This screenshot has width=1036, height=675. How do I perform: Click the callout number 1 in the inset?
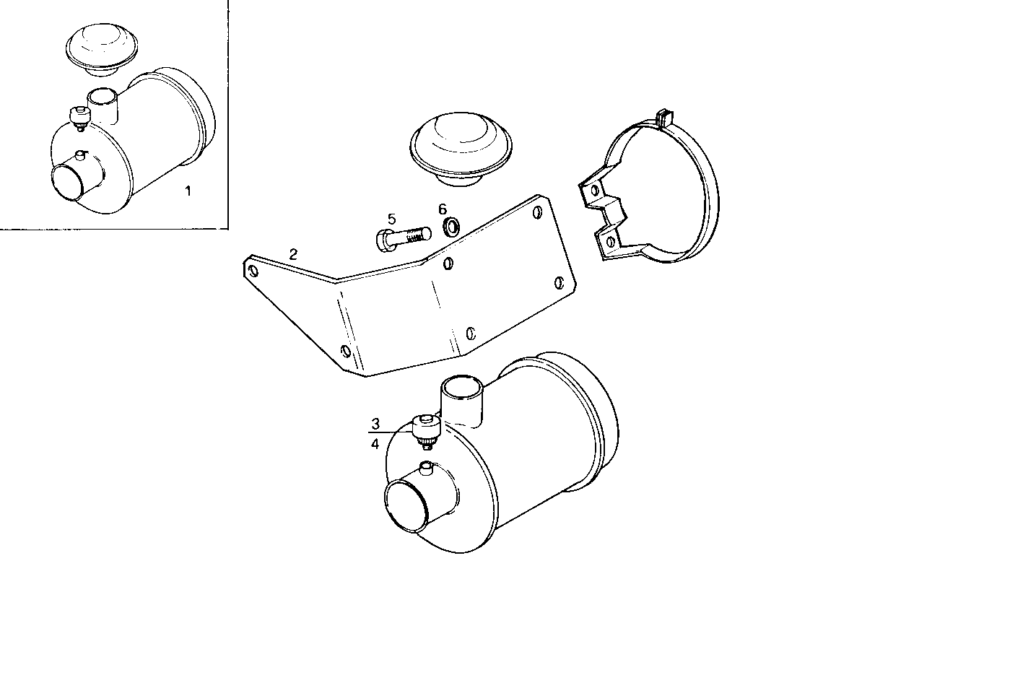point(188,191)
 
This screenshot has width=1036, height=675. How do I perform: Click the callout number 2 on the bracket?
point(293,253)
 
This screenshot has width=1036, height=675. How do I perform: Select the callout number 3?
point(375,424)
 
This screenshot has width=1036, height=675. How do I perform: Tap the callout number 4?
point(375,444)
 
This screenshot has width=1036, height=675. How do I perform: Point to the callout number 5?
point(391,219)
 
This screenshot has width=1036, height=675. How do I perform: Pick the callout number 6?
point(443,209)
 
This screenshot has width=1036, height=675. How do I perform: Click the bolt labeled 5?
point(401,238)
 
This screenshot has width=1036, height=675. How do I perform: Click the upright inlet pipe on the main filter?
point(463,400)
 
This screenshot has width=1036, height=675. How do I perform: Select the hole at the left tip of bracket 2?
point(252,271)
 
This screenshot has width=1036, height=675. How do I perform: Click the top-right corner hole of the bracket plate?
point(539,212)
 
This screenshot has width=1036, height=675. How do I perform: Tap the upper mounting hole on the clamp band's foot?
point(593,190)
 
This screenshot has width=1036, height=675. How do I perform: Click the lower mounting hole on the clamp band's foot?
point(611,241)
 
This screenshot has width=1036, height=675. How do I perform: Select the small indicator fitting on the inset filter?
point(79,117)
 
